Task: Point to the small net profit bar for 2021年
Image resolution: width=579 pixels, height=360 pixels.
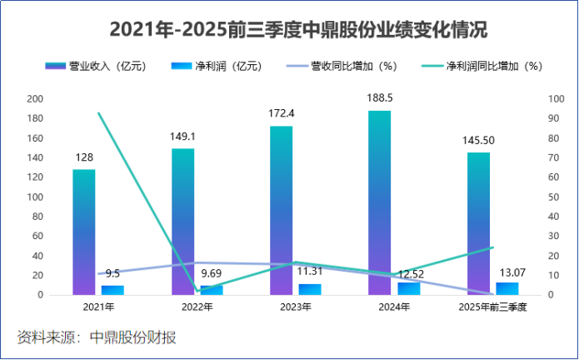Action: (x=112, y=290)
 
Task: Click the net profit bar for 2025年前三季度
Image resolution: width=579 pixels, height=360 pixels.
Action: (x=507, y=288)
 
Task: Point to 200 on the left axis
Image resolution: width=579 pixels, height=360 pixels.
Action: (x=35, y=98)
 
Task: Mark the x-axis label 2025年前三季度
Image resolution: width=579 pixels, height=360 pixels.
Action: (x=493, y=307)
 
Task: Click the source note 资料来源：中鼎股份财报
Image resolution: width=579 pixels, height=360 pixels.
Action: (x=97, y=337)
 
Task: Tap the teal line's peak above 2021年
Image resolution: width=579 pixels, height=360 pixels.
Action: (x=98, y=113)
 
